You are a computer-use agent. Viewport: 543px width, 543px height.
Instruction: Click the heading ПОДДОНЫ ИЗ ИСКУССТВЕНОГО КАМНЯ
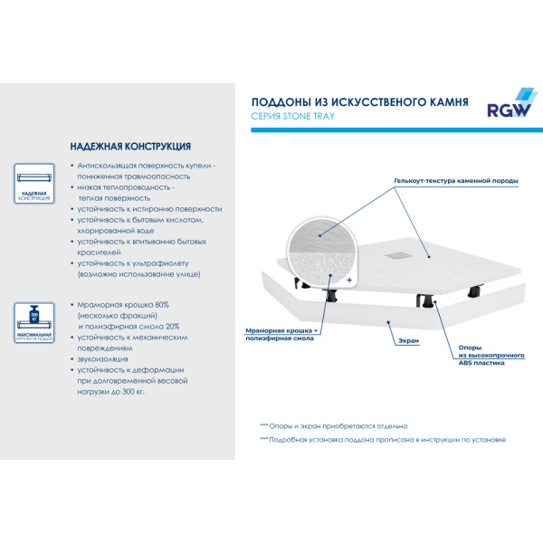(358, 102)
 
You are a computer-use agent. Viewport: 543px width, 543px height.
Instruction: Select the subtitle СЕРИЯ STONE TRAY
(292, 118)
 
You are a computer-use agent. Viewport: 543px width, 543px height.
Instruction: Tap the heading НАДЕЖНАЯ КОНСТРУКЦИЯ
(129, 146)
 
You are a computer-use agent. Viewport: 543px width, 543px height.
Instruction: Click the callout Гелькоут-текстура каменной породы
(455, 181)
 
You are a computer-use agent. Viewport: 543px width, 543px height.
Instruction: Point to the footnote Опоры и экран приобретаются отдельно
(333, 425)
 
